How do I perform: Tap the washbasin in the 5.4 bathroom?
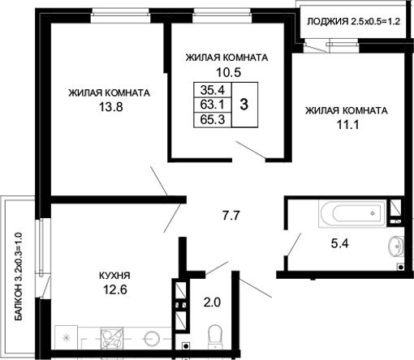[x=396, y=244]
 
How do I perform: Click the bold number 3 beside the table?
[x=244, y=105]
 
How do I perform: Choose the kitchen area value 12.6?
[x=113, y=289]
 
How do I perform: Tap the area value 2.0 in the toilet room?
[x=210, y=302]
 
